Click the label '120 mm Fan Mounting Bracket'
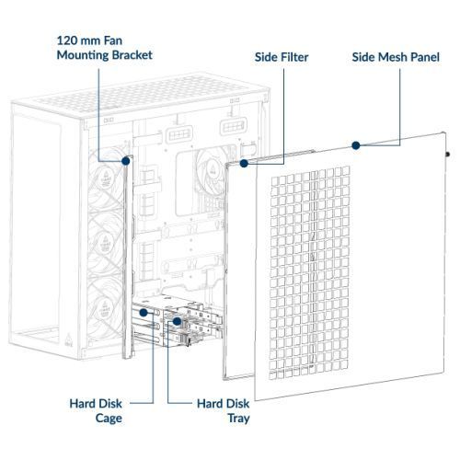[x=105, y=48]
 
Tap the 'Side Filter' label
[x=282, y=57]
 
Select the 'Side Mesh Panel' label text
[x=396, y=57]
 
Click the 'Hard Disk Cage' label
[x=96, y=411]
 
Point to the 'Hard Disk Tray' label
[x=224, y=411]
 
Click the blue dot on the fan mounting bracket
[x=126, y=161]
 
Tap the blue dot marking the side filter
[x=244, y=164]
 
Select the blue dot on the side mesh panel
[x=356, y=145]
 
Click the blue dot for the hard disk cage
[x=144, y=313]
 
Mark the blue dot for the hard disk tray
[x=177, y=321]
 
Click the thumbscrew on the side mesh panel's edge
[x=447, y=155]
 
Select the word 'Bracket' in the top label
[x=132, y=55]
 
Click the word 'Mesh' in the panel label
[x=389, y=57]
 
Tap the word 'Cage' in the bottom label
[x=109, y=419]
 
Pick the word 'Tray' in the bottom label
[x=238, y=419]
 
